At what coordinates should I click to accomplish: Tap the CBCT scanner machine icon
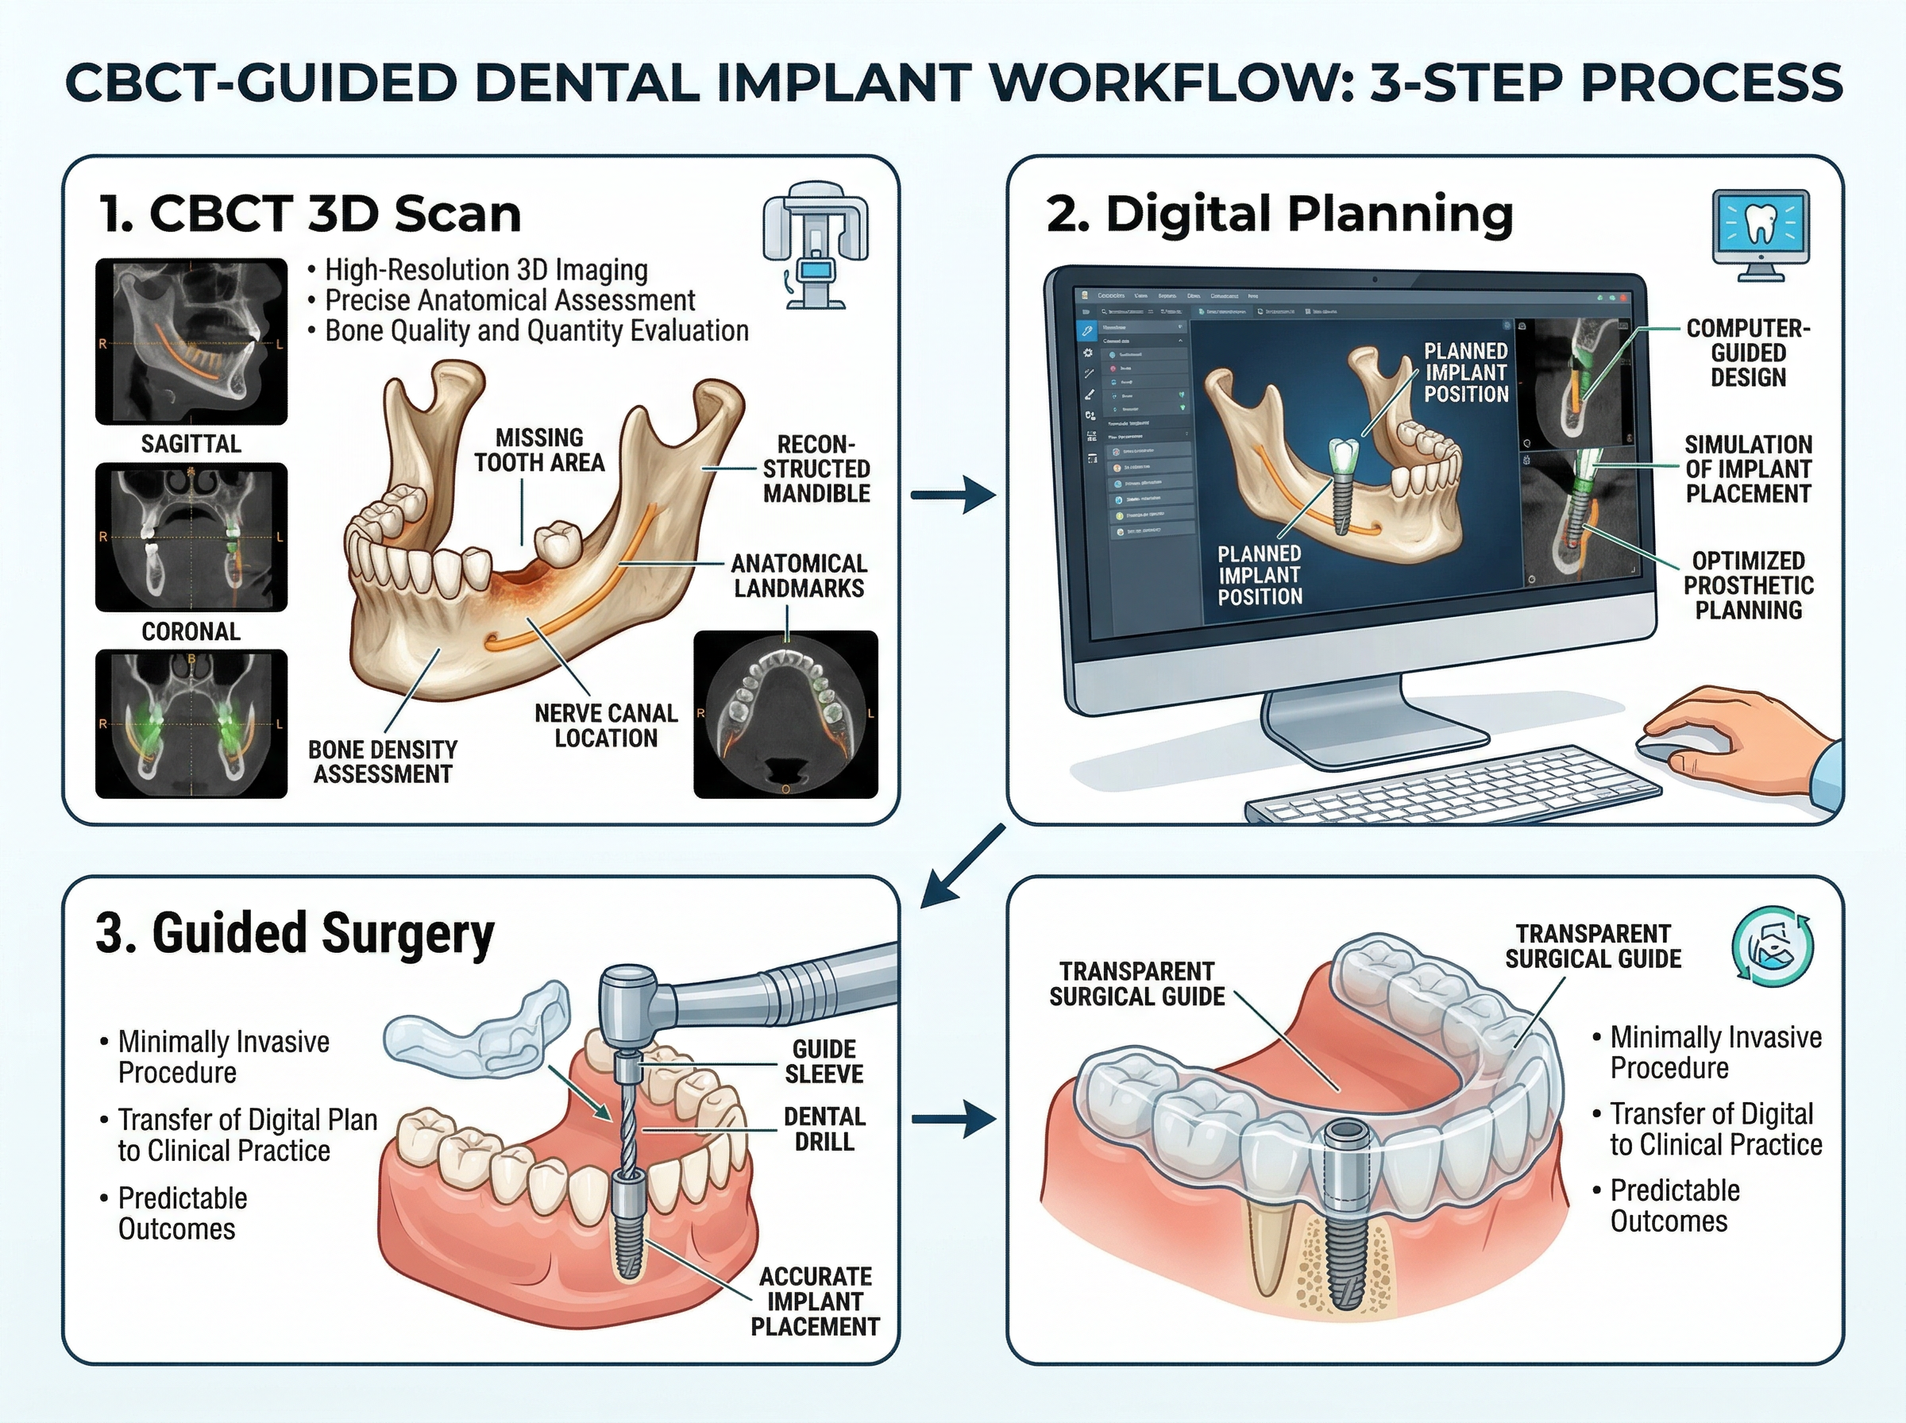pyautogui.click(x=815, y=245)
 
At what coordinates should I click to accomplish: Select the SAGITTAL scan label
pyautogui.click(x=191, y=444)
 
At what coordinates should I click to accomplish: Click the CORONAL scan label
pyautogui.click(x=191, y=631)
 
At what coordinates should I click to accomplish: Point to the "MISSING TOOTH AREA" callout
pyautogui.click(x=539, y=449)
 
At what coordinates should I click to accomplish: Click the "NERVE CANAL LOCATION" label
pyautogui.click(x=605, y=725)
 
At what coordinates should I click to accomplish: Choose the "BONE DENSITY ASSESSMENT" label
pyautogui.click(x=383, y=762)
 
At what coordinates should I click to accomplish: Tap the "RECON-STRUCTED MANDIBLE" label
pyautogui.click(x=816, y=469)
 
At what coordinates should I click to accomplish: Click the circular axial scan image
pyautogui.click(x=785, y=715)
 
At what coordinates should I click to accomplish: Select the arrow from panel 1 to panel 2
pyautogui.click(x=952, y=495)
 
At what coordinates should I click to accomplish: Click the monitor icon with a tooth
pyautogui.click(x=1761, y=234)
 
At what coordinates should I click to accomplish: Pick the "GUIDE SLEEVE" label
pyautogui.click(x=824, y=1061)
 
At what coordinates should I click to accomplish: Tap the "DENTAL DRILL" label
pyautogui.click(x=824, y=1128)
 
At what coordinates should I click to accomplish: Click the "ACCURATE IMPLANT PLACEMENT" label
pyautogui.click(x=815, y=1301)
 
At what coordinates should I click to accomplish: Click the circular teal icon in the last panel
pyautogui.click(x=1773, y=945)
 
